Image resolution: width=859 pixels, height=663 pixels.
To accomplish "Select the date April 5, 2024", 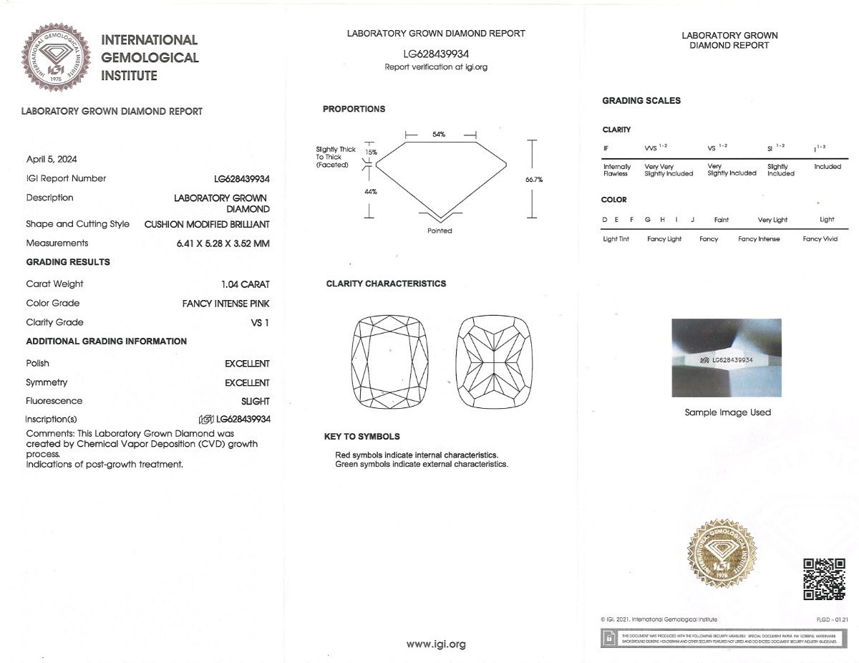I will tap(52, 158).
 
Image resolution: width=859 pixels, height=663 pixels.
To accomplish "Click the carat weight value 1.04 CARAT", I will tap(246, 284).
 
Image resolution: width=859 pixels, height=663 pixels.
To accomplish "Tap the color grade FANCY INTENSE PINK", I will tap(226, 304).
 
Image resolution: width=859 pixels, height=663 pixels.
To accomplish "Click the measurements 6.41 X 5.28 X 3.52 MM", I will tap(223, 243).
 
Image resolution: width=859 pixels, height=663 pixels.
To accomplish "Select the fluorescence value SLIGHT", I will tap(256, 402).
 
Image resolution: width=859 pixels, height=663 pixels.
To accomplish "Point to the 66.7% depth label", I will tap(533, 180).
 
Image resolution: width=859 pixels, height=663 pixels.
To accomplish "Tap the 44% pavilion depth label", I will tap(371, 192).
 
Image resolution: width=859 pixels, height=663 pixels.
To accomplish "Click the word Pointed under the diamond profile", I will tap(440, 231).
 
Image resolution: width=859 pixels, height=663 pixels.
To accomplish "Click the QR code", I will tap(824, 579).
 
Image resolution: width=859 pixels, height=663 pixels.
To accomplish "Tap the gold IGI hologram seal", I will tap(722, 556).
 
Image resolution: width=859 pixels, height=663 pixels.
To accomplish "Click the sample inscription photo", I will tap(727, 357).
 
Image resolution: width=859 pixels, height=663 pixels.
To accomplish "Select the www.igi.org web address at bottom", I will tap(436, 644).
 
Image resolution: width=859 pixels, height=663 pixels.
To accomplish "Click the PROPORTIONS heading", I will tap(354, 109).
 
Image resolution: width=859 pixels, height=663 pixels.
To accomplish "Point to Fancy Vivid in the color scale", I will tap(820, 239).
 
